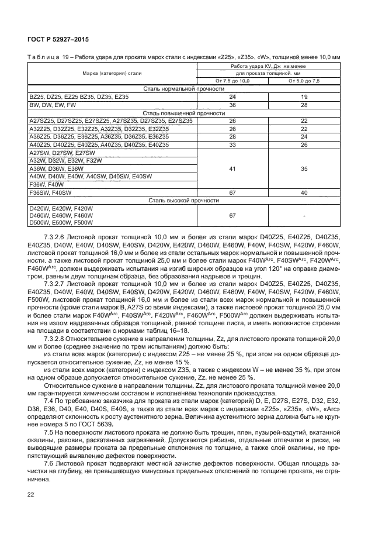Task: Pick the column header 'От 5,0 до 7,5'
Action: click(304, 81)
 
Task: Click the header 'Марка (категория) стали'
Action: click(112, 74)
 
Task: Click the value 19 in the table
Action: click(304, 96)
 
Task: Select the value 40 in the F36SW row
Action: click(304, 192)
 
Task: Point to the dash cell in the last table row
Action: click(304, 215)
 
